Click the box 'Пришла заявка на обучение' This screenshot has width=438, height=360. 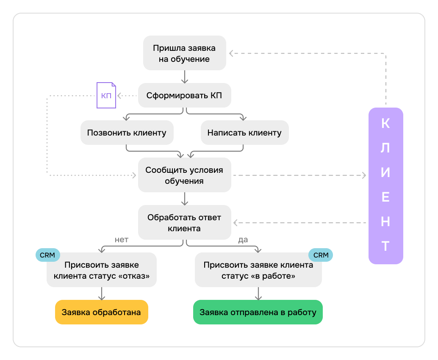184,53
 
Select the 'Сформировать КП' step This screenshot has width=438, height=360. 184,95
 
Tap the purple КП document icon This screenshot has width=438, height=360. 106,95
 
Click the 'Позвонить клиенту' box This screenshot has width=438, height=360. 127,133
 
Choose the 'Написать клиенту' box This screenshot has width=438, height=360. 244,133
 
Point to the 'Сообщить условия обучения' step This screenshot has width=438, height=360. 184,175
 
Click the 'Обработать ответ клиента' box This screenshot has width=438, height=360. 184,223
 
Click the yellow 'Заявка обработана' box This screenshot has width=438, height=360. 102,313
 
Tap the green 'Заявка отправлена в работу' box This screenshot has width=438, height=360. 258,313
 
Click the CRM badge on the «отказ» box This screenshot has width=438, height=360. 47,255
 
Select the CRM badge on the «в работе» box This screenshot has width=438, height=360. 321,255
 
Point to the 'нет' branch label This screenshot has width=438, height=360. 122,240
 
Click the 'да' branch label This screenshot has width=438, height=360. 243,240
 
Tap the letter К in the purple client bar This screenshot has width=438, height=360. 385,123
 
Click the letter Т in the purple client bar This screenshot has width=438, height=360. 385,246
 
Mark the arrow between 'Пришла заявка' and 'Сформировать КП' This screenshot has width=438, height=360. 184,76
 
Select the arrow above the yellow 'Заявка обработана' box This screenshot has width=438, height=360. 102,294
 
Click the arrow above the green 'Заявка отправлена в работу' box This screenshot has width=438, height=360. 258,294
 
